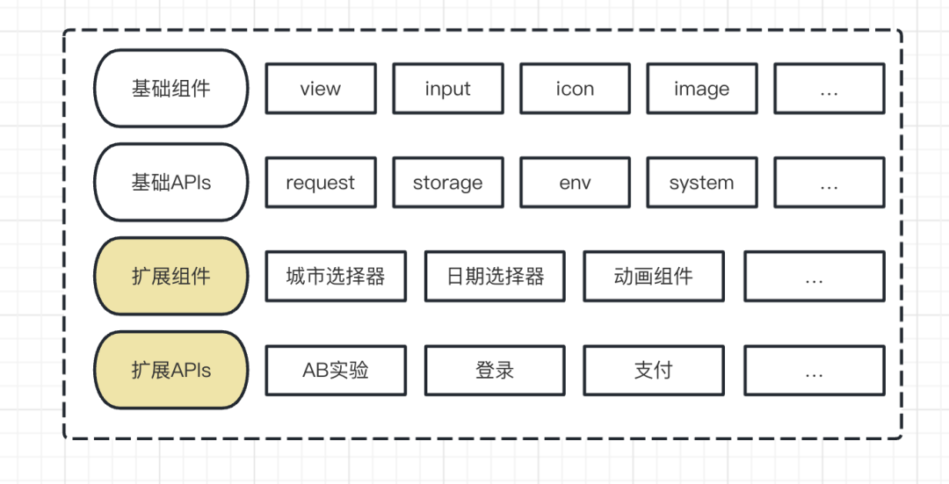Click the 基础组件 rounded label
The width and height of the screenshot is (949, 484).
(171, 89)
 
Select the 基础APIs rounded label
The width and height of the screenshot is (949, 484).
(171, 183)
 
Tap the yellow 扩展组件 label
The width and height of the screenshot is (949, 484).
(171, 276)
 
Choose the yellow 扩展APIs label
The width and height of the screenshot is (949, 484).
(171, 370)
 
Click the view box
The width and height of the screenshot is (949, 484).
(321, 89)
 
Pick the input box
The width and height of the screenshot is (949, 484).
(447, 89)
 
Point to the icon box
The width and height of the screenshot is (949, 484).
(575, 89)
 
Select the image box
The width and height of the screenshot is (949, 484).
(701, 89)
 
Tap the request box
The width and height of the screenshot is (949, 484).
(321, 183)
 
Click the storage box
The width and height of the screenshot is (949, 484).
(447, 183)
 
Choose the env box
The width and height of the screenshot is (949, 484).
(575, 183)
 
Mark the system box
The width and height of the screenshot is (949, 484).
(701, 183)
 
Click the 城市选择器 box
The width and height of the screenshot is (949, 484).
(336, 276)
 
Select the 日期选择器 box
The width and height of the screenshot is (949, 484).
(495, 276)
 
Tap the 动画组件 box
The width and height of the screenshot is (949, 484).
(654, 276)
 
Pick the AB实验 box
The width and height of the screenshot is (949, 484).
(336, 370)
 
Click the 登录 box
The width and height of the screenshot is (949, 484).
(495, 370)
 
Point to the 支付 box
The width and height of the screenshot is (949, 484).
(654, 370)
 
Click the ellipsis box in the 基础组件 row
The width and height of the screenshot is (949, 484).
(829, 89)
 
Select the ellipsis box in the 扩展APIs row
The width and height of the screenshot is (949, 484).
(814, 370)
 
